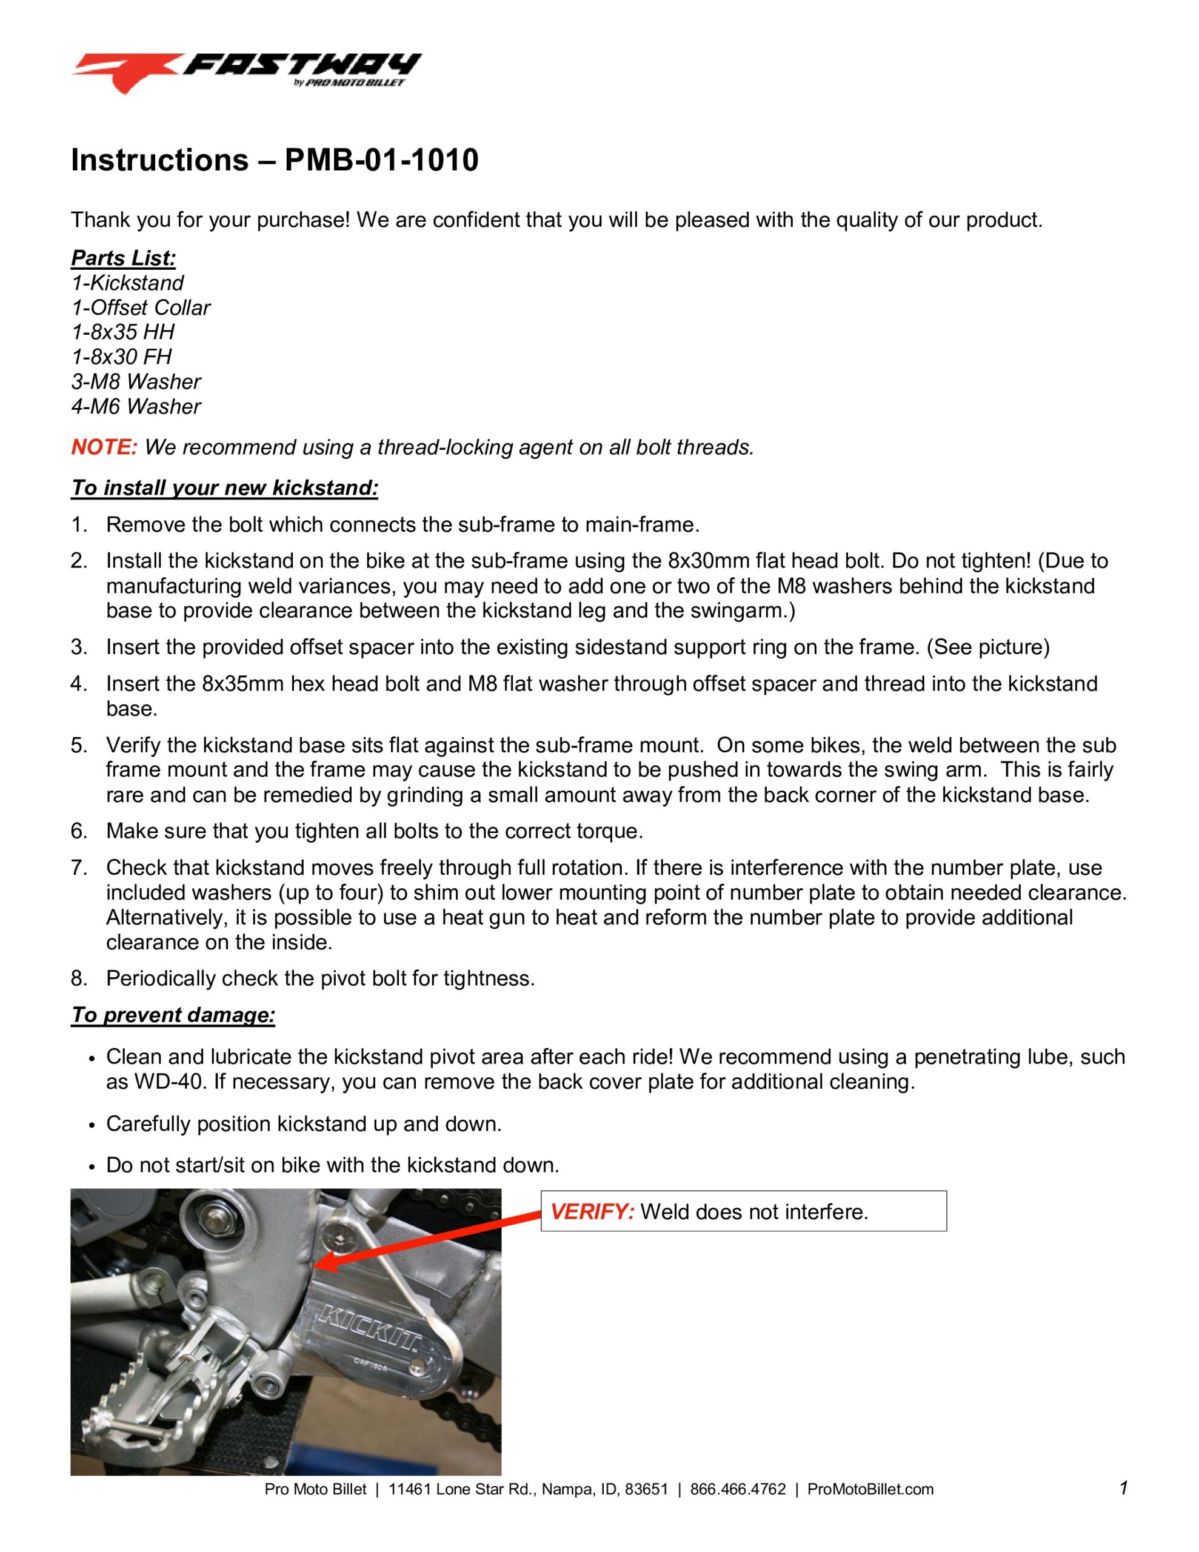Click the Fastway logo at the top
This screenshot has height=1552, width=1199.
(245, 71)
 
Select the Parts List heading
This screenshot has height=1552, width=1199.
(123, 258)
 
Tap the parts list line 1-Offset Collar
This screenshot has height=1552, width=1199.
(141, 308)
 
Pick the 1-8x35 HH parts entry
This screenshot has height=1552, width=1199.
(122, 332)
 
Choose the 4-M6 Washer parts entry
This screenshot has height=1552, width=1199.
(136, 406)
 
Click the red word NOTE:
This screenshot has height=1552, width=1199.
(104, 447)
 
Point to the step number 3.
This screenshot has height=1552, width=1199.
(78, 647)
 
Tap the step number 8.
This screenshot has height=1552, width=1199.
(78, 978)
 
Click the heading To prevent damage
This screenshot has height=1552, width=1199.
(173, 1015)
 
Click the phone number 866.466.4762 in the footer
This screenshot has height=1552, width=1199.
(738, 1489)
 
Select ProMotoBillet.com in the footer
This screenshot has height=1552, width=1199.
(870, 1489)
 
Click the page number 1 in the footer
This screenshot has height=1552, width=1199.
(1124, 1487)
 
